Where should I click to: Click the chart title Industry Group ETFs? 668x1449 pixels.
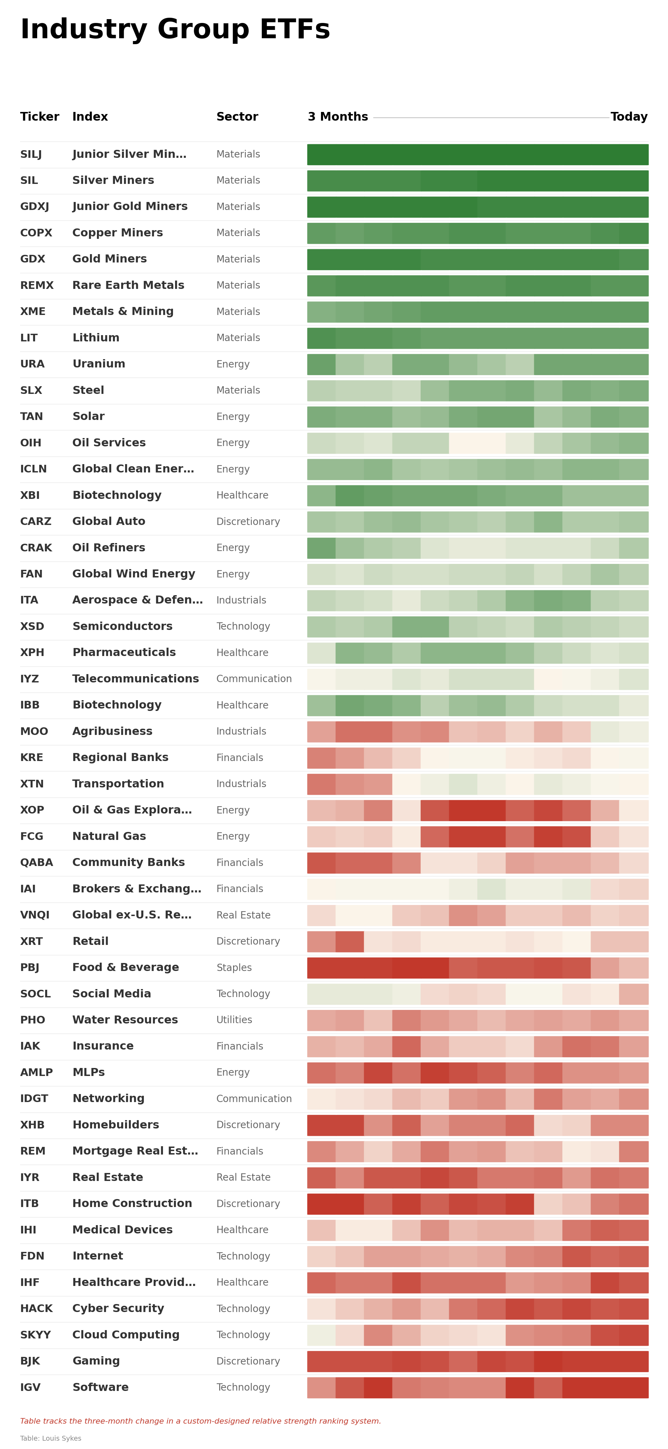click(x=175, y=29)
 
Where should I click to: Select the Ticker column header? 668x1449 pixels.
click(x=39, y=116)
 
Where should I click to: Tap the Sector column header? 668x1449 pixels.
click(x=237, y=116)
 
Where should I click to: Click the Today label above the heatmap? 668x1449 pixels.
click(x=629, y=116)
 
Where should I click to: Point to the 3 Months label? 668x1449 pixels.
click(x=337, y=116)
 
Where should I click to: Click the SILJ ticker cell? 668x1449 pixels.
click(x=31, y=154)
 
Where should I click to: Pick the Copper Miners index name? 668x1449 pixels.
click(x=117, y=233)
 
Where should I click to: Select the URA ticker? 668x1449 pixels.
click(x=32, y=364)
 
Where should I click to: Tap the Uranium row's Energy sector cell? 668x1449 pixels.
click(x=233, y=364)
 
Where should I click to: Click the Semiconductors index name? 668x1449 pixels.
click(x=122, y=626)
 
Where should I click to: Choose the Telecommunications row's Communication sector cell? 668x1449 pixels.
click(x=254, y=679)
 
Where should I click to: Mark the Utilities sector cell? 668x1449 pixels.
click(x=234, y=1020)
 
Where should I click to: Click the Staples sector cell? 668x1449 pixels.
click(x=234, y=968)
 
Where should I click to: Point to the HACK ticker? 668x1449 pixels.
click(x=36, y=1308)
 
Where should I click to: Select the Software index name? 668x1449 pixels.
click(x=100, y=1387)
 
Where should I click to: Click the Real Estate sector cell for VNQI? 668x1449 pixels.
click(x=243, y=915)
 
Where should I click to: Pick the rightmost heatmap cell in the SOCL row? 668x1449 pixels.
click(x=634, y=994)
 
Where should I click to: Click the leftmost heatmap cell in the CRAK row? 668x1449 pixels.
click(x=321, y=548)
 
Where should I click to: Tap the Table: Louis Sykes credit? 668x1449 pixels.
click(x=51, y=1438)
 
